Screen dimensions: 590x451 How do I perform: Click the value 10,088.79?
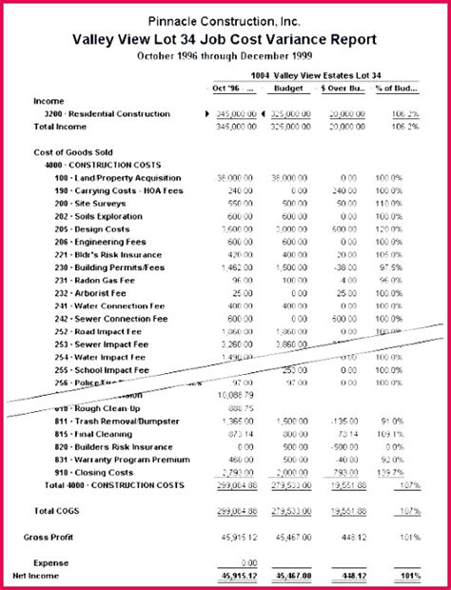coord(237,394)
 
